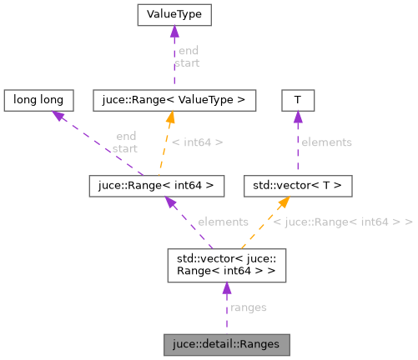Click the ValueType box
pos(174,14)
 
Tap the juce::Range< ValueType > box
pos(174,100)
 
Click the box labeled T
pos(297,100)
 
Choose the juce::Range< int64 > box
pos(157,185)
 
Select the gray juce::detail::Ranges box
pos(227,342)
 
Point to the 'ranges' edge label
pos(248,307)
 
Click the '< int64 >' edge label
pos(197,142)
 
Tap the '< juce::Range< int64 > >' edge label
pos(344,222)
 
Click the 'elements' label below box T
pos(326,142)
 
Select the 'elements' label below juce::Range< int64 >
pos(223,222)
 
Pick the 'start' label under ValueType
pos(187,62)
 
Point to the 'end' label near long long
pos(127,137)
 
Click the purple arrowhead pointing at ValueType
pos(174,32)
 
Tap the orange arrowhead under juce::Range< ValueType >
pos(170,118)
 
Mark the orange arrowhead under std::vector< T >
pos(283,202)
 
